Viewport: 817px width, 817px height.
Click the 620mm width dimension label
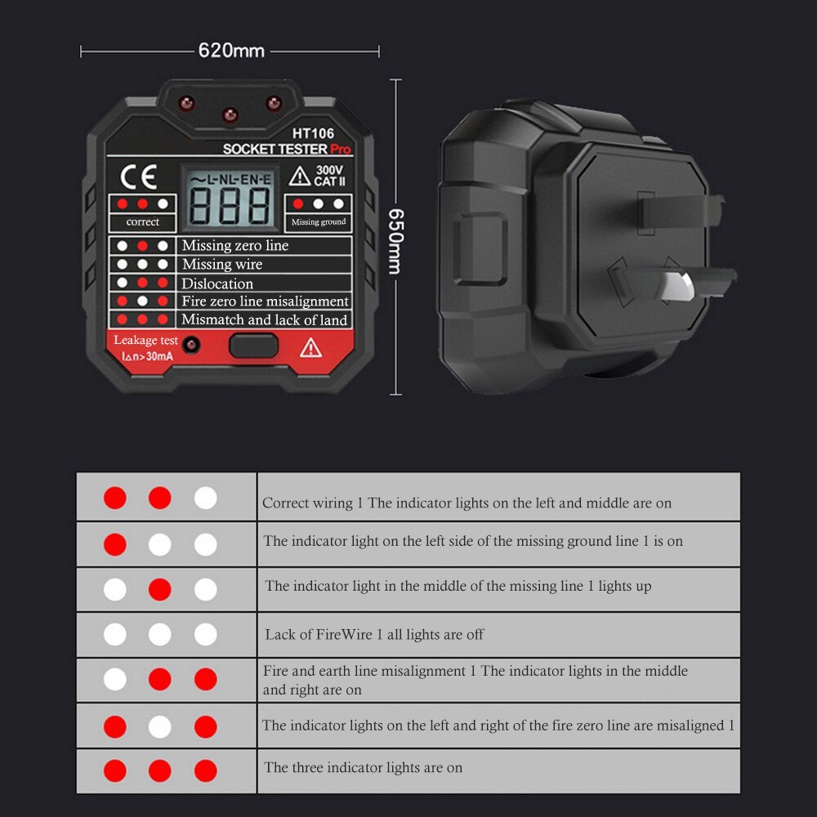(231, 51)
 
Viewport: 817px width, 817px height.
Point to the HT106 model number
(313, 133)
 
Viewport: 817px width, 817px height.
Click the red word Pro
(341, 150)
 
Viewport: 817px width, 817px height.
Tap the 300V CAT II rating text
(328, 176)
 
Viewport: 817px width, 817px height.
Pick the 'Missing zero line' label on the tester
(235, 245)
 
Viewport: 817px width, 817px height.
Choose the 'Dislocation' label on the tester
(217, 283)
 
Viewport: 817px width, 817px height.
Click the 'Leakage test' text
(145, 340)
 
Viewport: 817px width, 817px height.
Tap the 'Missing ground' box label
(319, 221)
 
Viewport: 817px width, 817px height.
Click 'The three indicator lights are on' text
(363, 768)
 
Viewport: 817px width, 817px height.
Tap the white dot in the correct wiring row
(206, 498)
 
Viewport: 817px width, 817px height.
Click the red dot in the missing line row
(160, 589)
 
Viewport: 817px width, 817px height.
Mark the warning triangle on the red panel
(310, 348)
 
